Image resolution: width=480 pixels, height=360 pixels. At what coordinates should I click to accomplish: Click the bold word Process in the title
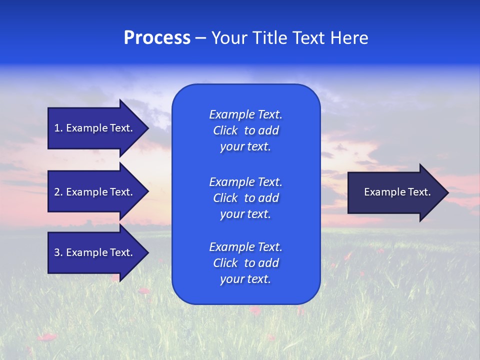[x=157, y=38]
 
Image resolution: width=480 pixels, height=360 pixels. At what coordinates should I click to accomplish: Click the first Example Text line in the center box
[x=245, y=114]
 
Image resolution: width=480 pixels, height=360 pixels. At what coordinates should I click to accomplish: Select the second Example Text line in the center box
[x=245, y=181]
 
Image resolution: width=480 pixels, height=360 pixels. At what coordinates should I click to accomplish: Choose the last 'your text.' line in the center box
[x=245, y=279]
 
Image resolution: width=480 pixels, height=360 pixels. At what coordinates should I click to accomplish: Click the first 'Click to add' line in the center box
[x=245, y=130]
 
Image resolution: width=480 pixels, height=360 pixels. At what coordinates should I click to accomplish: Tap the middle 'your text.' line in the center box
[x=245, y=214]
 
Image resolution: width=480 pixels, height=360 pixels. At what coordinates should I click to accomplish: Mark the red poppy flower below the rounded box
[x=255, y=311]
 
